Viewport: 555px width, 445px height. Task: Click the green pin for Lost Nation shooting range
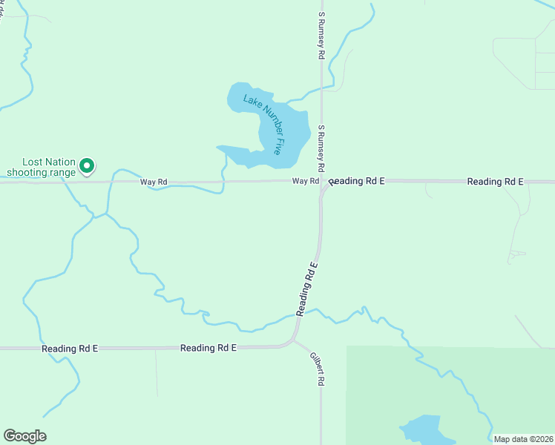point(87,165)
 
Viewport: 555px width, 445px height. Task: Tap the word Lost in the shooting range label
point(34,162)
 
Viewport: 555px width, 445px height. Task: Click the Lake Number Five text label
point(263,123)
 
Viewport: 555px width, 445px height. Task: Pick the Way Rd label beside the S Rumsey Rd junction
point(305,182)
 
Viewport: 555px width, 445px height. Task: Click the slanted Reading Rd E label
point(307,289)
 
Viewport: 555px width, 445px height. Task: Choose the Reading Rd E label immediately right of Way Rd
point(357,182)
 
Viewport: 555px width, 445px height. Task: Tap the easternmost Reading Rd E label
point(495,182)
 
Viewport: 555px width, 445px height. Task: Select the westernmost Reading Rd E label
point(70,348)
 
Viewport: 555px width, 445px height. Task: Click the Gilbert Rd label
point(318,367)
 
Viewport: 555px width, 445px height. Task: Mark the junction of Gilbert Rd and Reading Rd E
point(292,341)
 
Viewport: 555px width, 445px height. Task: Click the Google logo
point(24,436)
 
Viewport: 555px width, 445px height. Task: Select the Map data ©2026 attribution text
point(523,439)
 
